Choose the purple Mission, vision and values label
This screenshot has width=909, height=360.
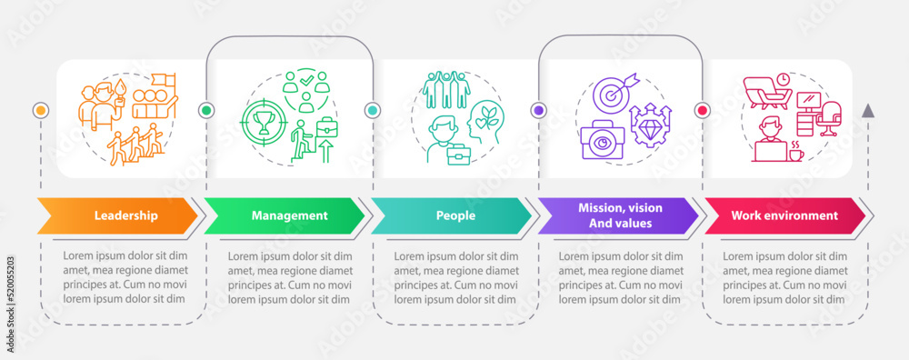[620, 215]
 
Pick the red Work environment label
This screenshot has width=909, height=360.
[784, 215]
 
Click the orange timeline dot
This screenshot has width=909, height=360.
[39, 110]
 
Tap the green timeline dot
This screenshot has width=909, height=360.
[205, 110]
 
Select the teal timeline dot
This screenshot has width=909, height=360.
[372, 110]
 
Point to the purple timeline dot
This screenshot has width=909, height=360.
[538, 110]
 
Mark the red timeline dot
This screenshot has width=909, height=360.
[702, 110]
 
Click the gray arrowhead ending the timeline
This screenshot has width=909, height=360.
[868, 110]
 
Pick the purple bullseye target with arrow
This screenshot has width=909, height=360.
[608, 94]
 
